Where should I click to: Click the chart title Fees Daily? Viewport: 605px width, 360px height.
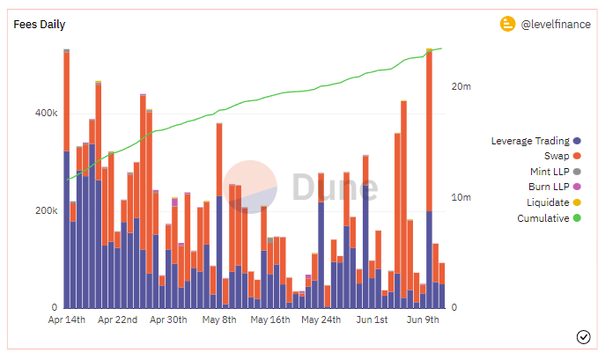(40, 25)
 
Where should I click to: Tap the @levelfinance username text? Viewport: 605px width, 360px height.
(556, 25)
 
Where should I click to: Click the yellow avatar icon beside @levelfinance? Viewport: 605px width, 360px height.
(507, 25)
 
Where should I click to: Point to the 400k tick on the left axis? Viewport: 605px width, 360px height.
(46, 114)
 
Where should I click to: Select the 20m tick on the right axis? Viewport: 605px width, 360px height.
(461, 87)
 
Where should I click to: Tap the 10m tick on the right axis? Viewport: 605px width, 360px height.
(461, 197)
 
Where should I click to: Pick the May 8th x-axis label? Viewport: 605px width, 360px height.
(218, 320)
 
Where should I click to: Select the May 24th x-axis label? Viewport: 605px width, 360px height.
(321, 320)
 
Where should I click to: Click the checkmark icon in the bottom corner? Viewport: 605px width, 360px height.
(583, 337)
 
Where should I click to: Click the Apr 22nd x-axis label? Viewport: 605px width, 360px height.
(118, 320)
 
